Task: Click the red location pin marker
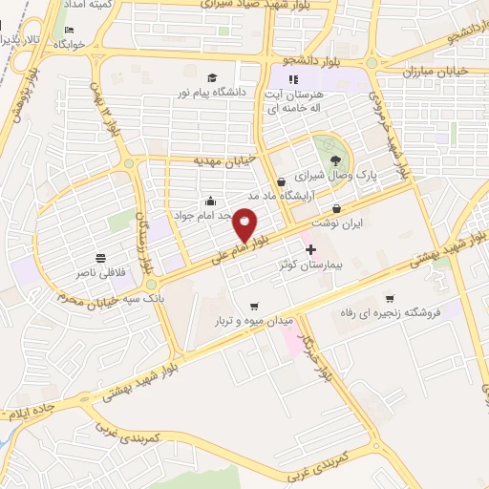245,224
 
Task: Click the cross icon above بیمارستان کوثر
308,247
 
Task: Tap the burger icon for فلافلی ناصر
100,259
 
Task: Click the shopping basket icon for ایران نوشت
336,209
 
